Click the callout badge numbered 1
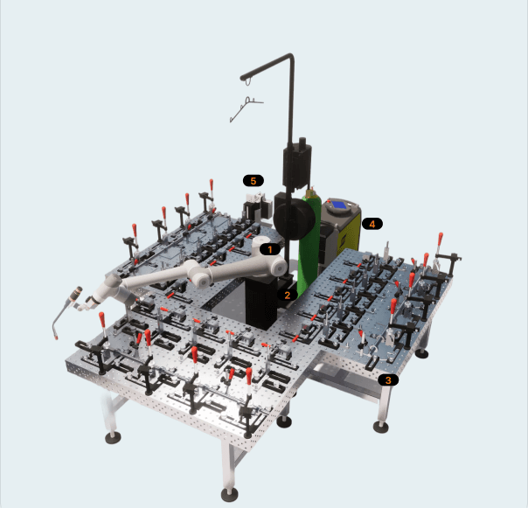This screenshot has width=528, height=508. click(x=270, y=249)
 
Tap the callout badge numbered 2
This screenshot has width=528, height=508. click(x=288, y=296)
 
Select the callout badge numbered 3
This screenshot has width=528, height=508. click(x=388, y=380)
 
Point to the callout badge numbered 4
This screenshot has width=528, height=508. click(x=372, y=224)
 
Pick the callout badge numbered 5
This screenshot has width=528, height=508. click(x=254, y=181)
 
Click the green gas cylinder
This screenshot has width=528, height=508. click(x=309, y=242)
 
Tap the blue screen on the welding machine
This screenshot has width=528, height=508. click(x=339, y=205)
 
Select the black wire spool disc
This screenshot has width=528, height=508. click(x=294, y=219)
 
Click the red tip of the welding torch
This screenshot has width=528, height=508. click(x=56, y=337)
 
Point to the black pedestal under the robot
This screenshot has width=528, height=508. click(x=262, y=303)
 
